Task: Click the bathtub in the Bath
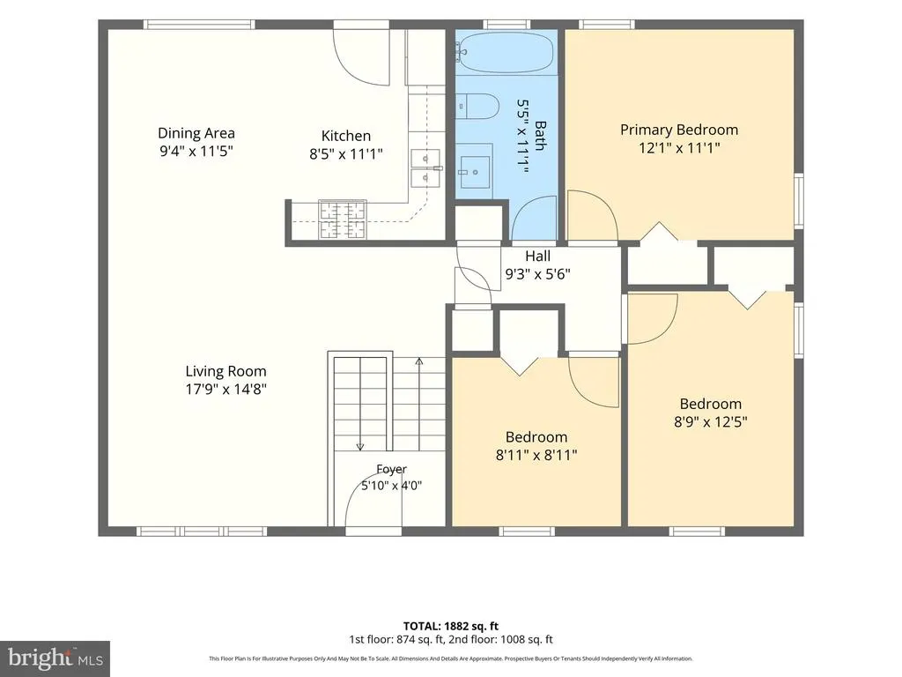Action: pyautogui.click(x=506, y=52)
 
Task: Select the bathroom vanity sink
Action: pyautogui.click(x=475, y=172)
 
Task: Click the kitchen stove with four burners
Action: pyautogui.click(x=343, y=219)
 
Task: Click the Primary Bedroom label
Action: pyautogui.click(x=679, y=130)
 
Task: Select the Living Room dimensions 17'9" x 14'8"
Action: pyautogui.click(x=225, y=389)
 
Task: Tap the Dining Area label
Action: pyautogui.click(x=196, y=133)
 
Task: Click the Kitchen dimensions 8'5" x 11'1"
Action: pyautogui.click(x=345, y=153)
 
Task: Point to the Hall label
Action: pyautogui.click(x=537, y=257)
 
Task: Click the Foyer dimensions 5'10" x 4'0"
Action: pyautogui.click(x=391, y=486)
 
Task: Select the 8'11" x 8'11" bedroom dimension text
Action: pyautogui.click(x=536, y=456)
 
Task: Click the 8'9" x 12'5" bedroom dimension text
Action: pyautogui.click(x=711, y=422)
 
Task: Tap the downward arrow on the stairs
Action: pyautogui.click(x=360, y=404)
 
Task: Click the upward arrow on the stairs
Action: pyautogui.click(x=419, y=404)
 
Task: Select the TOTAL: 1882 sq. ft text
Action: pyautogui.click(x=450, y=627)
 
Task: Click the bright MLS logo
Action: pyautogui.click(x=55, y=658)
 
